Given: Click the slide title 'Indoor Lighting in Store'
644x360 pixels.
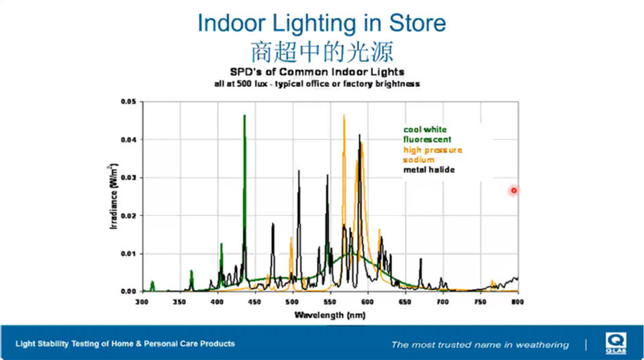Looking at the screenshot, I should click(322, 22).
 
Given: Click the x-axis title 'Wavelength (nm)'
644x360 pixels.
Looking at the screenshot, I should click(329, 312).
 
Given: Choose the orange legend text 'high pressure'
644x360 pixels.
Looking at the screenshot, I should click(432, 150).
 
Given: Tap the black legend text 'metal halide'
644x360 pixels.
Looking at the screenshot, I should click(429, 170).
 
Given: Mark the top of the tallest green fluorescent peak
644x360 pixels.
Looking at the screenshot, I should click(244, 116).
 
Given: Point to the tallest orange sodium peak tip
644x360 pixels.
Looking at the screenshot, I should click(344, 115).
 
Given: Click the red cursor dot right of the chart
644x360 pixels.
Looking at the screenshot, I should click(514, 191).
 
